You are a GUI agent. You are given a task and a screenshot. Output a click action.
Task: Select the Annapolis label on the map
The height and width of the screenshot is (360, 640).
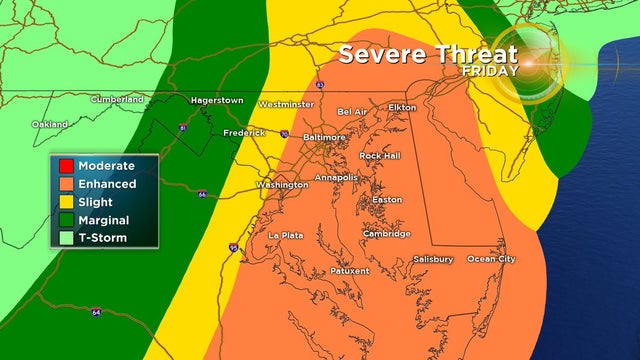pyautogui.click(x=336, y=178)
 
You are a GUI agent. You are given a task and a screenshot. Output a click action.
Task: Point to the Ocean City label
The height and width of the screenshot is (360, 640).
pyautogui.click(x=492, y=259)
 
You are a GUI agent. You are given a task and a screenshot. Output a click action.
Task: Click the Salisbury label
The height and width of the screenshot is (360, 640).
pyautogui.click(x=433, y=259)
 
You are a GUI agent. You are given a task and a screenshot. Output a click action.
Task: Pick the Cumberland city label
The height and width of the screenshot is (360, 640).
pyautogui.click(x=117, y=99)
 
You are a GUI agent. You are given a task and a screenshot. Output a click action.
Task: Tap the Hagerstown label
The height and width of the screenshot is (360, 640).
pyautogui.click(x=216, y=100)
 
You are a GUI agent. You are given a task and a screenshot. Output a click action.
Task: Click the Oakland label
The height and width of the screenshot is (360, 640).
pyautogui.click(x=50, y=124)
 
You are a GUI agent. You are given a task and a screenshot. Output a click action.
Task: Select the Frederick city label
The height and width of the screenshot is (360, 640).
pyautogui.click(x=244, y=132)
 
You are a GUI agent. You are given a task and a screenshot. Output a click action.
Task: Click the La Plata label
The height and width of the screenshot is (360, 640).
pyautogui.click(x=286, y=235)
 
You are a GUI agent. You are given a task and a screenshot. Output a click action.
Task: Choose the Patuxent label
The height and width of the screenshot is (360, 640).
pyautogui.click(x=349, y=271)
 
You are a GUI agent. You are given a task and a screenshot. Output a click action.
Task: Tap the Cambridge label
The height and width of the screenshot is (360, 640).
pyautogui.click(x=387, y=234)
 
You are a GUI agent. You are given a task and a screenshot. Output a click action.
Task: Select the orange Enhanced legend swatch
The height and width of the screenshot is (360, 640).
pyautogui.click(x=66, y=184)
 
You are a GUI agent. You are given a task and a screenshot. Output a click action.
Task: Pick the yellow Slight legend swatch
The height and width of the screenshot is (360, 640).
pyautogui.click(x=66, y=202)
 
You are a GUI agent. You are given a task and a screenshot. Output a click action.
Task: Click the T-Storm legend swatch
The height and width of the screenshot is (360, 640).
pyautogui.click(x=66, y=238)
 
